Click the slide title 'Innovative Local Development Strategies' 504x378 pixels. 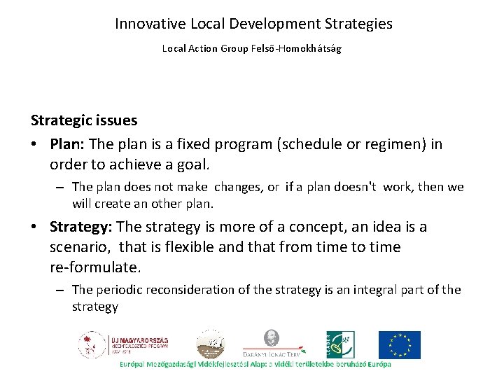point(253,24)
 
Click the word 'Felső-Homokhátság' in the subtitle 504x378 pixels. point(302,49)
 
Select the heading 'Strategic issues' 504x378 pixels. point(83,120)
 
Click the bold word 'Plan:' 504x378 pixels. point(67,144)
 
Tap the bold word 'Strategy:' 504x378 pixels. point(81,227)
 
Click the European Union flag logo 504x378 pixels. point(400,345)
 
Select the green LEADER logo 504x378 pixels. point(342,345)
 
